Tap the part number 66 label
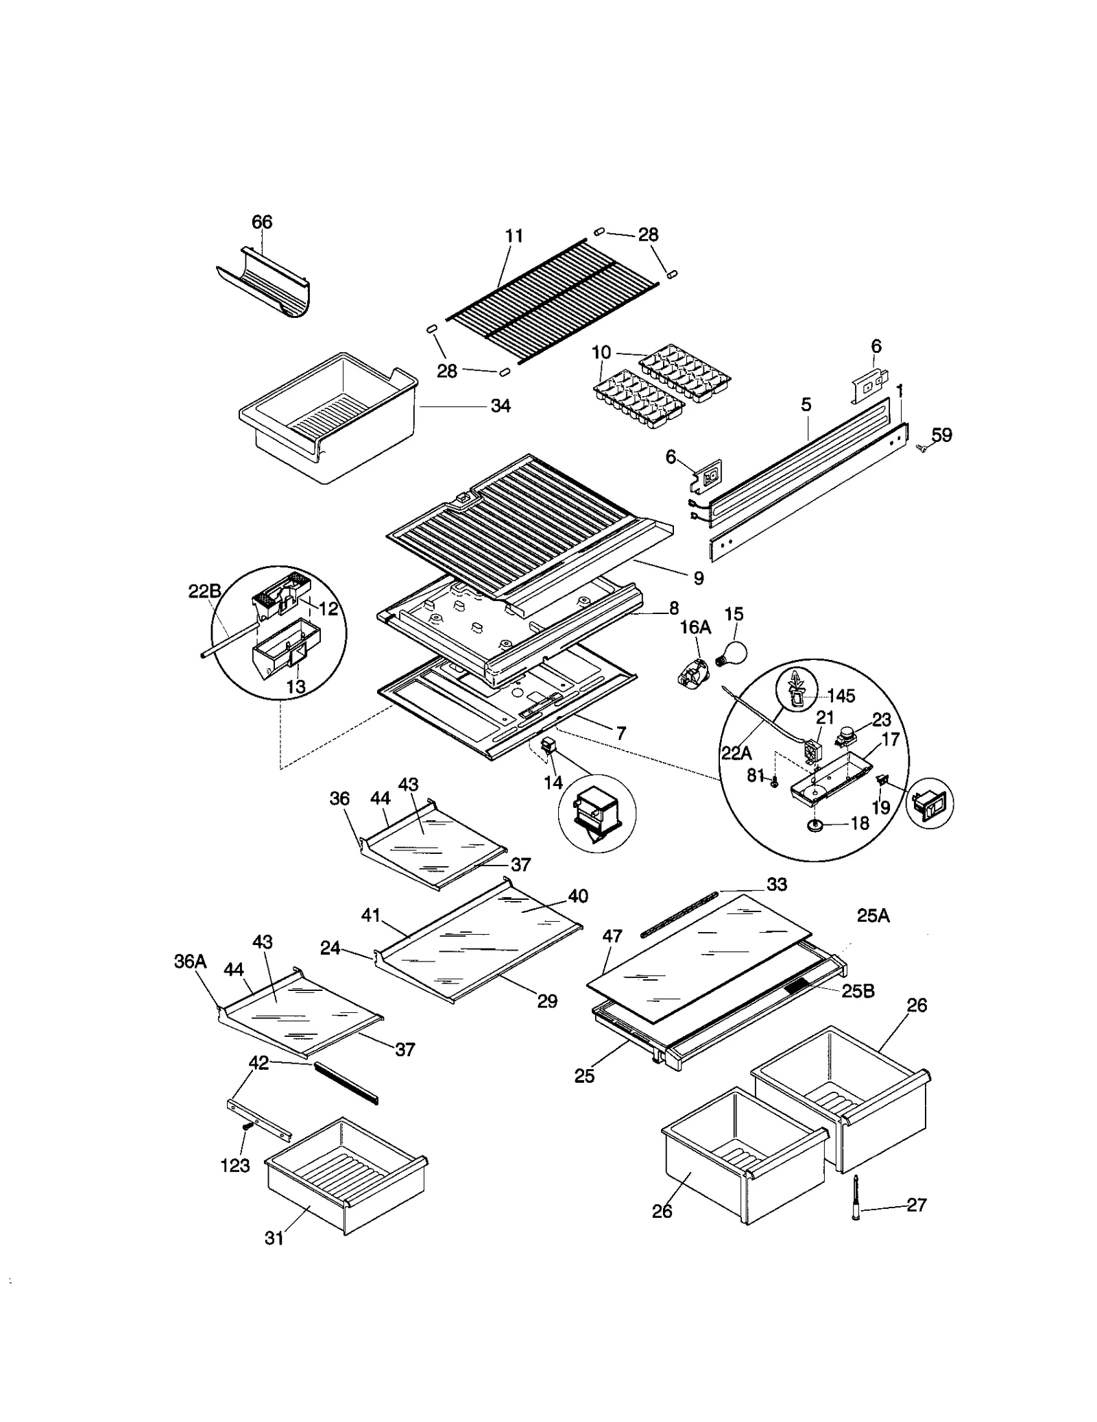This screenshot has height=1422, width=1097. (262, 222)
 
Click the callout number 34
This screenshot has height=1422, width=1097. (501, 406)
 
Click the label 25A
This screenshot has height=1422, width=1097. (873, 916)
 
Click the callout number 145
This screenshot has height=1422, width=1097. (841, 696)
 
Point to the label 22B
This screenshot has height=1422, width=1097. (204, 591)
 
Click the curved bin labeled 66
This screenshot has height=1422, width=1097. (264, 291)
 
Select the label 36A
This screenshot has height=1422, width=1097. (190, 962)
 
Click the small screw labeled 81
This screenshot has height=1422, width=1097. (774, 783)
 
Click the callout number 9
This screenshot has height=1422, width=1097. (698, 578)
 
